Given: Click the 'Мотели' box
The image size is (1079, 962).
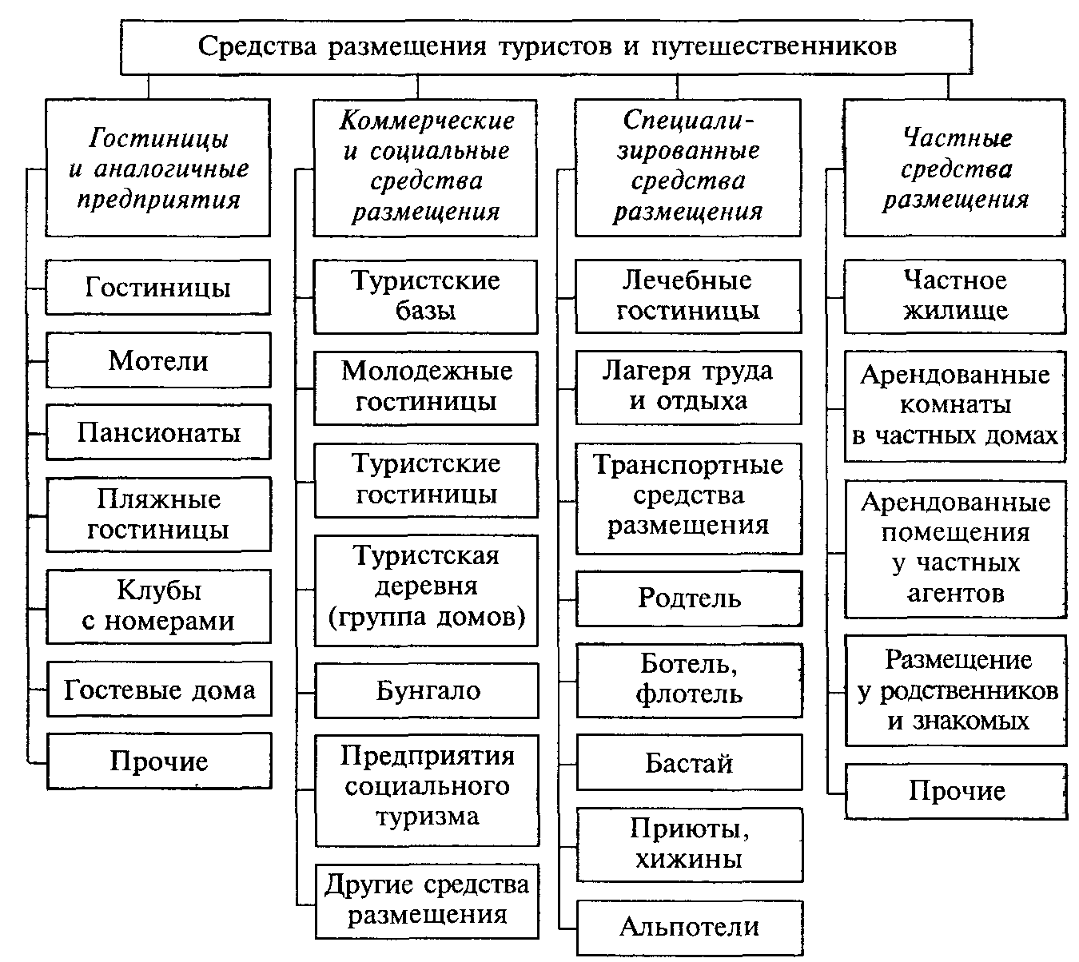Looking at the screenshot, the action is [x=158, y=360].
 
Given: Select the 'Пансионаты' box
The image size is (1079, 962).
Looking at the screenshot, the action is [x=158, y=431].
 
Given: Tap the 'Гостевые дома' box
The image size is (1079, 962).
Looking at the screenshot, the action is [x=159, y=689].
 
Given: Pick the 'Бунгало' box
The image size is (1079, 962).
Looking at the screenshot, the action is [x=427, y=690].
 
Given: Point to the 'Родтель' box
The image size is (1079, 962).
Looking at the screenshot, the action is [x=689, y=598].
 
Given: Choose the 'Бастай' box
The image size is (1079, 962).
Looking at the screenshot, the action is [x=690, y=762].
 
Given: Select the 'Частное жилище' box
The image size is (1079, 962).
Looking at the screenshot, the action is [x=955, y=296].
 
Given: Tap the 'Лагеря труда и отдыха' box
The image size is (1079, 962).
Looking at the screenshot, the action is [x=689, y=387].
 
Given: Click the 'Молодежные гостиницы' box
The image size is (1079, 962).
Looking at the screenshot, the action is [x=426, y=388].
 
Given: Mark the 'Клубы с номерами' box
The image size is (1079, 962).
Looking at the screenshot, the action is [x=159, y=606].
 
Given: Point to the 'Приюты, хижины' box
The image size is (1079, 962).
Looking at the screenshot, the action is [x=690, y=845].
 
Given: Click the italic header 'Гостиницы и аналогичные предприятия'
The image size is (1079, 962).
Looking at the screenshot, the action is [x=158, y=168].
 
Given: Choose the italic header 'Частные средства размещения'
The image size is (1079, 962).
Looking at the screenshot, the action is [x=955, y=169].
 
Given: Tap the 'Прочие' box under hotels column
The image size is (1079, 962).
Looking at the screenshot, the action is [x=159, y=761].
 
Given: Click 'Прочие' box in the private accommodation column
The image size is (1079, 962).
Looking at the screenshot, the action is [x=957, y=791].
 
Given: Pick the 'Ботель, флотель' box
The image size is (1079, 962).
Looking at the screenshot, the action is [x=690, y=680].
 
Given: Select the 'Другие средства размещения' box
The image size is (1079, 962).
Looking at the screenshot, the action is [x=427, y=900].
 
